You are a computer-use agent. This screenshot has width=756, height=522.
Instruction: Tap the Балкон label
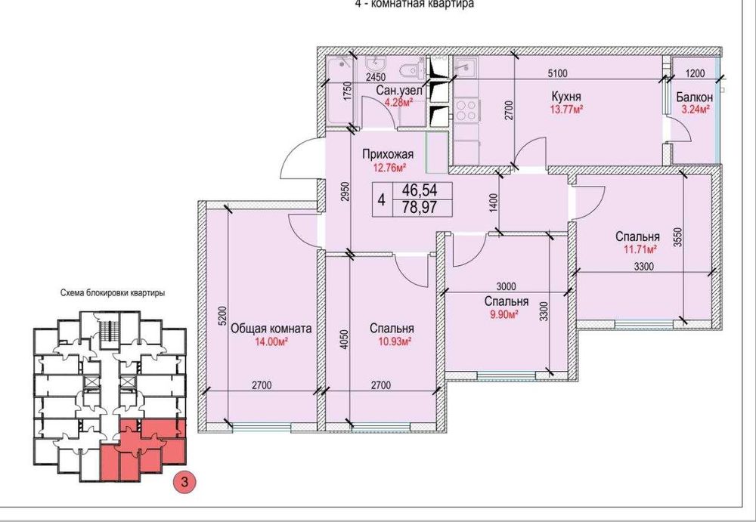(694, 97)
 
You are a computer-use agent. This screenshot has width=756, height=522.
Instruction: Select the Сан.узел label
(399, 90)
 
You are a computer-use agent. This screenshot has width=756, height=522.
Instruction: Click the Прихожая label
(388, 154)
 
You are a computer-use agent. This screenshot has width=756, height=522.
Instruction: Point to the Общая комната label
(271, 329)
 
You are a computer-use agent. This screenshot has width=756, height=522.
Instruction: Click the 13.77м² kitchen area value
(566, 109)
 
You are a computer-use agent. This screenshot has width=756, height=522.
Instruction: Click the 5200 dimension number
(222, 317)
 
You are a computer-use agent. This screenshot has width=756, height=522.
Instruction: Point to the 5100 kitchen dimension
(557, 73)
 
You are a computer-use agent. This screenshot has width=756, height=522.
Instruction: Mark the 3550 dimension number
(678, 237)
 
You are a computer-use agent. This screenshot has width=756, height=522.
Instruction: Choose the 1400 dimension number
(491, 202)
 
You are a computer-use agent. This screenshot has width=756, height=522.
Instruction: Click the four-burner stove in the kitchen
(466, 110)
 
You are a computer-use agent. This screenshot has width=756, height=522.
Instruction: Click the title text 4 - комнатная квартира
(414, 4)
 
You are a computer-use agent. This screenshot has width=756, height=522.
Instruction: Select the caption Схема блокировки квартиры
(113, 292)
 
